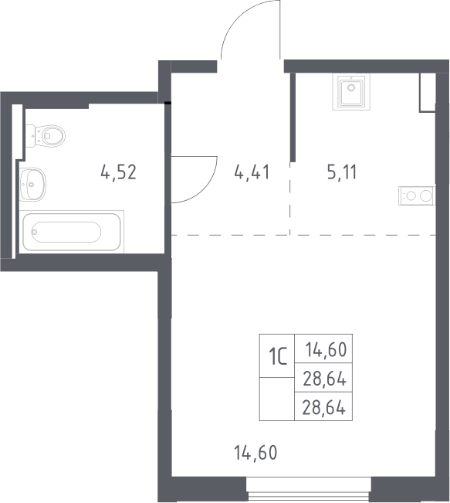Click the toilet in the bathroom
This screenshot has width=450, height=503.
tap(46, 136)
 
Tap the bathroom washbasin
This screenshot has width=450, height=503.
tap(32, 184)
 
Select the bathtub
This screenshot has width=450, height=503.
tap(72, 232)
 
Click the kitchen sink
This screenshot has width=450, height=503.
tap(351, 91)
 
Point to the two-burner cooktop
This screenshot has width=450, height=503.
tap(417, 195)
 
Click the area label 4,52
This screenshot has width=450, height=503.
tap(119, 172)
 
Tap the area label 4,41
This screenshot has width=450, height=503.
tap(252, 172)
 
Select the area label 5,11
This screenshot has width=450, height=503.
tap(342, 172)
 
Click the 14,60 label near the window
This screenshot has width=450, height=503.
tap(255, 453)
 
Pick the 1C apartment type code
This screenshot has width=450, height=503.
tap(278, 357)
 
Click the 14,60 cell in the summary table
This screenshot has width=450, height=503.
tap(323, 348)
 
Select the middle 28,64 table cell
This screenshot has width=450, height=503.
tap(323, 378)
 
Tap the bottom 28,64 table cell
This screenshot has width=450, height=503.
tap(323, 406)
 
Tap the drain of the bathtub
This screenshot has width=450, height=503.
tap(34, 232)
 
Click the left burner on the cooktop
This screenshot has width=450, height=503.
tap(411, 195)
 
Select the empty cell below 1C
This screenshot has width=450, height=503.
tap(277, 399)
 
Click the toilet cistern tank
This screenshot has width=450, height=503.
tap(30, 136)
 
